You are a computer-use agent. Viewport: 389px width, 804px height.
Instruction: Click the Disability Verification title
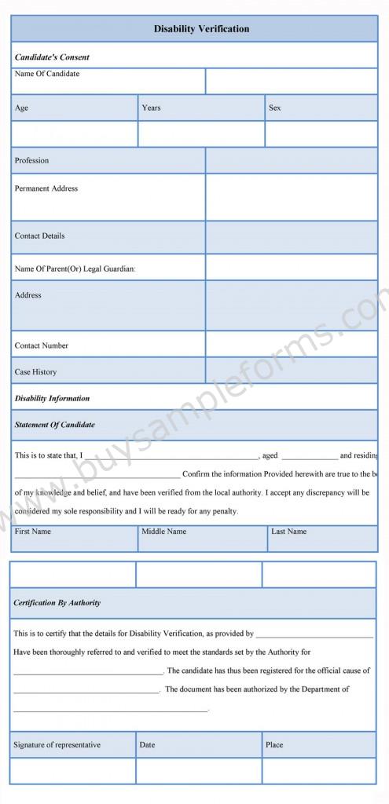point(201,29)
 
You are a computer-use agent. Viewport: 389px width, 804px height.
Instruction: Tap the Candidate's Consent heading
point(52,57)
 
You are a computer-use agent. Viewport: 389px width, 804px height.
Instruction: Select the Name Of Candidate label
point(47,75)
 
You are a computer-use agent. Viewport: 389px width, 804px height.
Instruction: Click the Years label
point(151,108)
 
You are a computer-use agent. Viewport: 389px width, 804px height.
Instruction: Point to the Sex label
point(274,108)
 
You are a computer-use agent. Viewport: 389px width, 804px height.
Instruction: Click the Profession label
point(31,160)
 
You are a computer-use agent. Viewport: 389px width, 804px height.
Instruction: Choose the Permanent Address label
point(46,188)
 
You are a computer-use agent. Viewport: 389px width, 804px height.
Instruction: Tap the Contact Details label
point(39,236)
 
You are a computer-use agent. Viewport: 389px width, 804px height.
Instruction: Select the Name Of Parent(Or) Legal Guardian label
point(75,269)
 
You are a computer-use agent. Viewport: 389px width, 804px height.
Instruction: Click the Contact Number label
point(42,345)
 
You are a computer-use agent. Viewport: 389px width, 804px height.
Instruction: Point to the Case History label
point(36,372)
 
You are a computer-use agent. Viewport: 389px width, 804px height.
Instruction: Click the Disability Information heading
point(52,399)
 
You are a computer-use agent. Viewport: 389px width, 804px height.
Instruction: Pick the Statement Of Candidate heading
point(54,425)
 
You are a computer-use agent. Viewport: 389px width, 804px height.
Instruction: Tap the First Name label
point(32,532)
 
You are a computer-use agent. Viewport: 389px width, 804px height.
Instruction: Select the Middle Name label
point(163,532)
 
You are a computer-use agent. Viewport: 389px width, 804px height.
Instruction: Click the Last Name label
point(288,532)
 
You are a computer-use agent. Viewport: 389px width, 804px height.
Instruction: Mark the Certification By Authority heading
point(57,603)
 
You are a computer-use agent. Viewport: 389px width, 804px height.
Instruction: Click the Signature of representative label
point(57,744)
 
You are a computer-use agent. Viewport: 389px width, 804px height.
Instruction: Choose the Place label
point(274,744)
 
